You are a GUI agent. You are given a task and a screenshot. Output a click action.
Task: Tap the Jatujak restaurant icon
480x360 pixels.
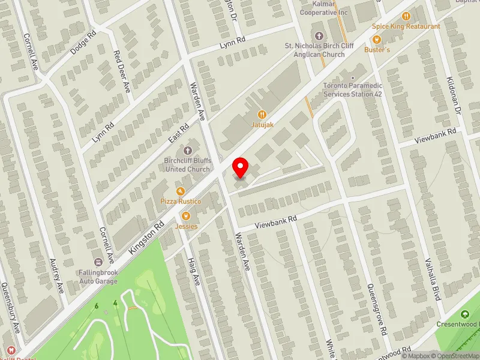pyautogui.click(x=262, y=114)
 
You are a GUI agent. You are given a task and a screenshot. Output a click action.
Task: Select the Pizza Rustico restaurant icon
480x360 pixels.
pyautogui.click(x=179, y=191)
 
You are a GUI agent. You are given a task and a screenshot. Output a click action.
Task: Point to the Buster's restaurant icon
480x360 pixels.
pyautogui.click(x=377, y=39)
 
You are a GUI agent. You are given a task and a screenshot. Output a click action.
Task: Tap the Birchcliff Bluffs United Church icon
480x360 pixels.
pyautogui.click(x=187, y=150)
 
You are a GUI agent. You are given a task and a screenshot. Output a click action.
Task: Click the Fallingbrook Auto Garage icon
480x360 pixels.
pyautogui.click(x=98, y=262)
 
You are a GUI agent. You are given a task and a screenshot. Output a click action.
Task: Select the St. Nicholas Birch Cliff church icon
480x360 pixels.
pyautogui.click(x=318, y=36)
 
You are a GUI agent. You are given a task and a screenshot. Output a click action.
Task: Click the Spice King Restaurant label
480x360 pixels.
pyautogui.click(x=406, y=26)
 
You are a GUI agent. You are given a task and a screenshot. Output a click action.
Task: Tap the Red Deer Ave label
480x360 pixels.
pyautogui.click(x=122, y=71)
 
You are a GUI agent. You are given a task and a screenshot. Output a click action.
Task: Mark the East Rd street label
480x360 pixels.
pyautogui.click(x=178, y=132)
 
